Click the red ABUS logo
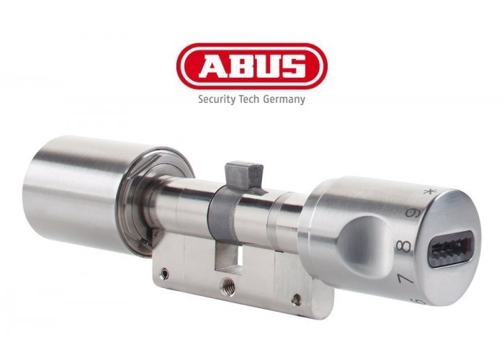pyautogui.click(x=252, y=66)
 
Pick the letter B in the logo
pyautogui.click(x=240, y=66)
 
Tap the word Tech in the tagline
pyautogui.click(x=249, y=99)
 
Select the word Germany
pyautogui.click(x=284, y=99)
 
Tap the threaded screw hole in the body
pyautogui.click(x=228, y=285)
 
